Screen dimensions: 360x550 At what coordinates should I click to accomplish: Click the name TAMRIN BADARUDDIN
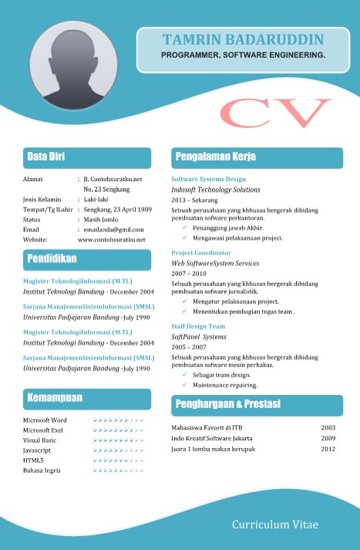243,40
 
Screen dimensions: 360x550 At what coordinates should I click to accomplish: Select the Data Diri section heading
46,157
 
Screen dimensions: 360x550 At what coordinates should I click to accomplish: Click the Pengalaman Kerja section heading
216,157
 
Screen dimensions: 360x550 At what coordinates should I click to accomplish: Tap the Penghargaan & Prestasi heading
228,404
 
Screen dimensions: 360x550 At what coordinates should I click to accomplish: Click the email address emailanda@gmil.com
113,230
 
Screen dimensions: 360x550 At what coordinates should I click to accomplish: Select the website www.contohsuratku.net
111,240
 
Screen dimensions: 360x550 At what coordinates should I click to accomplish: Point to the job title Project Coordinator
201,253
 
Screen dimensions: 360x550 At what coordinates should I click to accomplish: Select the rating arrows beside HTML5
118,460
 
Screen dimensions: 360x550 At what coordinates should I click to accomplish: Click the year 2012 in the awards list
328,449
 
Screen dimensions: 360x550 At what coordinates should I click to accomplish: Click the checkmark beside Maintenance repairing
185,383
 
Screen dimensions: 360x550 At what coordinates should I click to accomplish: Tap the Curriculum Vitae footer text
274,525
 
